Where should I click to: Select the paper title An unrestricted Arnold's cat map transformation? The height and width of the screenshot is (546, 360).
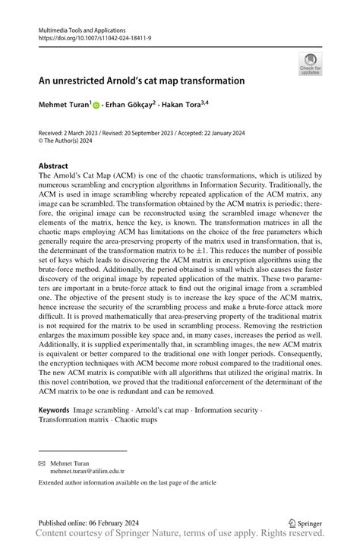tap(141, 80)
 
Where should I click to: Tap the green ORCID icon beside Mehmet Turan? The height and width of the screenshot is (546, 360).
tap(96, 105)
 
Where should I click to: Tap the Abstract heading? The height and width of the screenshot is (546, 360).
tap(53, 166)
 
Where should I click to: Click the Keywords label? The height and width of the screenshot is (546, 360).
tap(54, 409)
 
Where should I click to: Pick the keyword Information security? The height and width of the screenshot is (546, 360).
tap(227, 409)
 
